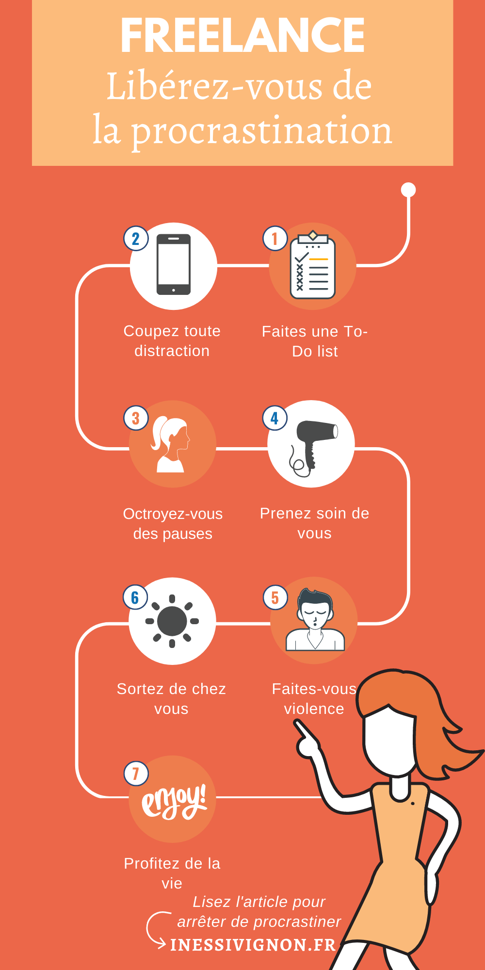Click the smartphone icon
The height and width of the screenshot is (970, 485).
click(173, 265)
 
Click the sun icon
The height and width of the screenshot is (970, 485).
click(172, 621)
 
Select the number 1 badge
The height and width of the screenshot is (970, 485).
click(275, 239)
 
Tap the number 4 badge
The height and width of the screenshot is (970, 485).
click(275, 418)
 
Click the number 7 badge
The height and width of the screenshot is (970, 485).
click(136, 774)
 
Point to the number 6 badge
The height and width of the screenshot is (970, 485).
click(135, 598)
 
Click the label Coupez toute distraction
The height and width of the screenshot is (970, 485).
click(172, 340)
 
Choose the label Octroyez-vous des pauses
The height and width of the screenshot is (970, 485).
click(173, 523)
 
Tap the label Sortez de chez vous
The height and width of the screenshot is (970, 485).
click(171, 698)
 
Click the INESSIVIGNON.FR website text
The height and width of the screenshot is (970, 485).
click(253, 945)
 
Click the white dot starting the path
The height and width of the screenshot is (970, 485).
click(408, 190)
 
